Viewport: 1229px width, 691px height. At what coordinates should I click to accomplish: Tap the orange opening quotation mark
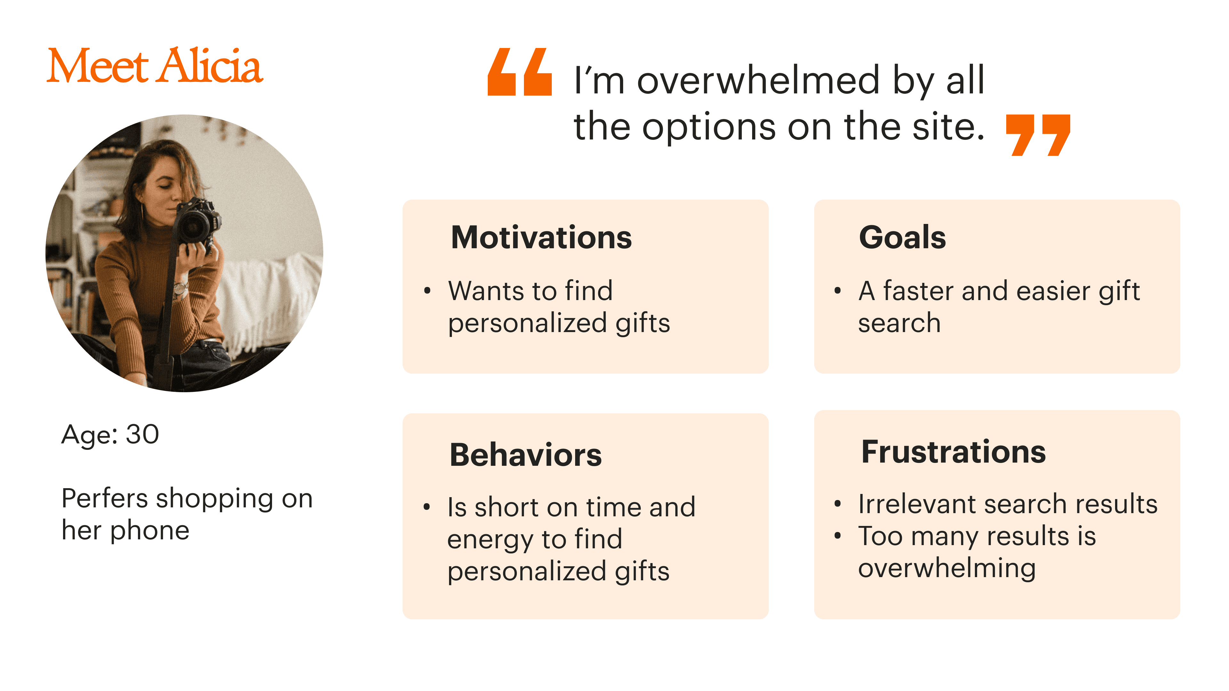519,72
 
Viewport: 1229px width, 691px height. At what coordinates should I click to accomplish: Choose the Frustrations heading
953,452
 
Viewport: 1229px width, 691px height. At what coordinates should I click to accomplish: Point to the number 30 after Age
142,434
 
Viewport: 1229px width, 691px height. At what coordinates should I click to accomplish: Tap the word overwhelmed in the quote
759,80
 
